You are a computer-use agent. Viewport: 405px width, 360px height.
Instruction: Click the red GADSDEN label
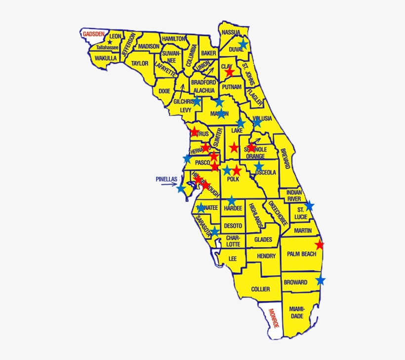click(94, 34)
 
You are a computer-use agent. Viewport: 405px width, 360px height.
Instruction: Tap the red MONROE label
click(274, 319)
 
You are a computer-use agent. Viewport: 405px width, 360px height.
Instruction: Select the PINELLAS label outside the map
click(166, 179)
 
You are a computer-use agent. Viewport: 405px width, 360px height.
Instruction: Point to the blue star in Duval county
click(243, 44)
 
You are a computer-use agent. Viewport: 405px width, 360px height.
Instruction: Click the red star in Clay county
click(230, 72)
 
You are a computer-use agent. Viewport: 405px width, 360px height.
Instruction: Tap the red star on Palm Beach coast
click(320, 244)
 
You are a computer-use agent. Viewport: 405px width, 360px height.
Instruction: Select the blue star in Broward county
click(321, 280)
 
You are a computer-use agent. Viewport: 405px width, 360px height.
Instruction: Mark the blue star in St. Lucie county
click(309, 205)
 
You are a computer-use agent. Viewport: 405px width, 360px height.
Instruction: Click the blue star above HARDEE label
click(232, 200)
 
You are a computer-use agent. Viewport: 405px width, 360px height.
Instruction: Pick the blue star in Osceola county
click(259, 166)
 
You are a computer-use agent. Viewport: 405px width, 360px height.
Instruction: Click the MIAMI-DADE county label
click(297, 312)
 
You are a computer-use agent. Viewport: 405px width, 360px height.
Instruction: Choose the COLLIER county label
click(260, 289)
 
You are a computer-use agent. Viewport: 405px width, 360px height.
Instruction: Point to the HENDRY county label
click(266, 256)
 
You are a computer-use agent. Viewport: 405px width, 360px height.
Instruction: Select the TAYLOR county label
click(140, 63)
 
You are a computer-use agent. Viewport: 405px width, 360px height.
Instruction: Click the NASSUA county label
click(231, 33)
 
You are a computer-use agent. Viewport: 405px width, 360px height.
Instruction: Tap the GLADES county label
click(263, 240)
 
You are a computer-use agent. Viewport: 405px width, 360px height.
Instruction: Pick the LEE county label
click(233, 258)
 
